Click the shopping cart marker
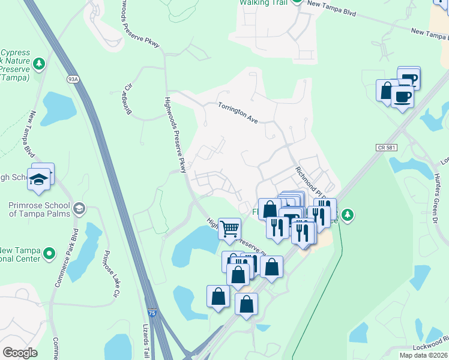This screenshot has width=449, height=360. click(229, 229)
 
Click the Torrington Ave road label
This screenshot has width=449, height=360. click(237, 112)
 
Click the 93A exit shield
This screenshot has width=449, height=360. click(73, 79)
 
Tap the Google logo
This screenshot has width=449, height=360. click(20, 352)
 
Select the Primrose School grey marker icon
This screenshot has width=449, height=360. click(79, 209)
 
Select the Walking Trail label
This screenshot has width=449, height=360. click(264, 3)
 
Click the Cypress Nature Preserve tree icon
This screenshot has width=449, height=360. click(39, 63)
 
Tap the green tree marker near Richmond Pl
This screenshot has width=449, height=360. click(348, 214)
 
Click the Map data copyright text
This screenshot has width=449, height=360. click(423, 355)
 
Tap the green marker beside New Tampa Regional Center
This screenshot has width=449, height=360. click(50, 254)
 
